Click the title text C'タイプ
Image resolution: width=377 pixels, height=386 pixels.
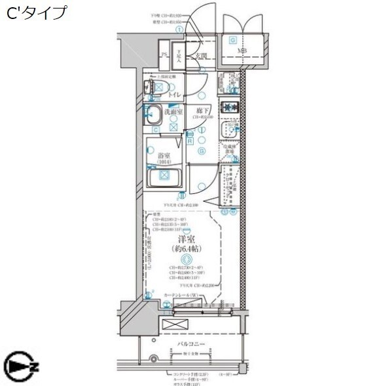click(x=37, y=13)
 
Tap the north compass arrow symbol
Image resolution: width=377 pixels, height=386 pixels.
click(x=20, y=364)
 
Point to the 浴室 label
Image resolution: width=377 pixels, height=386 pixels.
click(x=164, y=155)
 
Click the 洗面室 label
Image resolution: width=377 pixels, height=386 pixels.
click(x=173, y=112)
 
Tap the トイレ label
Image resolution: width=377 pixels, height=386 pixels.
click(x=175, y=96)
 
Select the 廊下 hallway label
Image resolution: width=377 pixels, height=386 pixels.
click(x=201, y=111)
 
